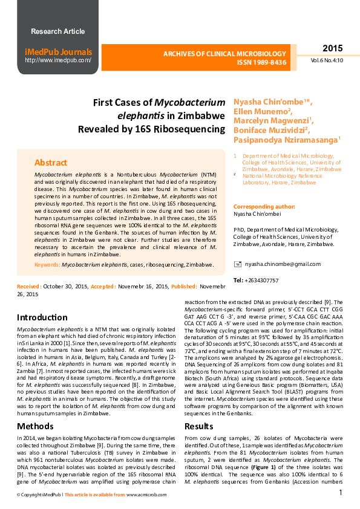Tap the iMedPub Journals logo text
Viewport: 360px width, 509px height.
(x=58, y=52)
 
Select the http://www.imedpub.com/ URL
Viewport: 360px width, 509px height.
(x=58, y=60)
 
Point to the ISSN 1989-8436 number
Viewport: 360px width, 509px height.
(x=261, y=62)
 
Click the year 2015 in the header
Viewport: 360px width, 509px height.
(x=332, y=48)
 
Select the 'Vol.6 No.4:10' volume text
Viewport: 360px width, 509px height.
(x=327, y=60)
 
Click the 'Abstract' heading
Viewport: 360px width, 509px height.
(x=51, y=163)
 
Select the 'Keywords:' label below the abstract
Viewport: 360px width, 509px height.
(x=47, y=265)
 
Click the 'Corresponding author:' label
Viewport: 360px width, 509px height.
(x=262, y=206)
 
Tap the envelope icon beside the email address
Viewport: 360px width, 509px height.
(x=238, y=264)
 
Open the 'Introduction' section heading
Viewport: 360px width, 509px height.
(x=42, y=317)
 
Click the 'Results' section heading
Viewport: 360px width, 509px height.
(x=199, y=426)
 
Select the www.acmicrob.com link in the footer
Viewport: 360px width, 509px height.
(x=146, y=494)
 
